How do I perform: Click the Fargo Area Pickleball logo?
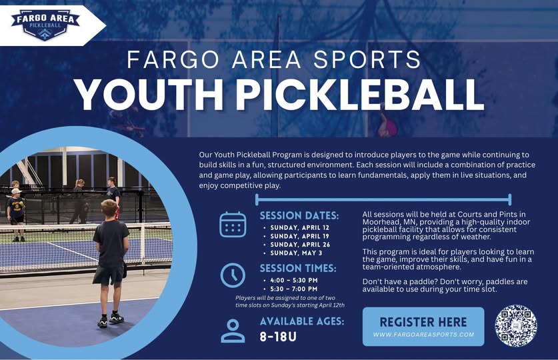click(45, 25)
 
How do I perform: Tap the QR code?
click(515, 325)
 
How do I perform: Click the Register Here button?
click(423, 326)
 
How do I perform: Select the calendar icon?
click(233, 225)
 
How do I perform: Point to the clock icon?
click(233, 275)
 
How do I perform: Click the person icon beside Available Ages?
click(233, 331)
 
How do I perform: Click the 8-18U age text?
click(278, 337)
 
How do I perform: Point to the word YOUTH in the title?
click(150, 94)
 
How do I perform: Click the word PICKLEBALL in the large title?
click(360, 94)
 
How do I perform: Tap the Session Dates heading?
click(299, 215)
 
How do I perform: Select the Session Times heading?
click(298, 268)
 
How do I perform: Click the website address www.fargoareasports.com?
click(423, 335)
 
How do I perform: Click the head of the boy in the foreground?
click(109, 209)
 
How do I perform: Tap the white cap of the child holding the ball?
click(16, 191)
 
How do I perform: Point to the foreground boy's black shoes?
click(111, 320)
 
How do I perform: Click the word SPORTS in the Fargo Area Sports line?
click(367, 59)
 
